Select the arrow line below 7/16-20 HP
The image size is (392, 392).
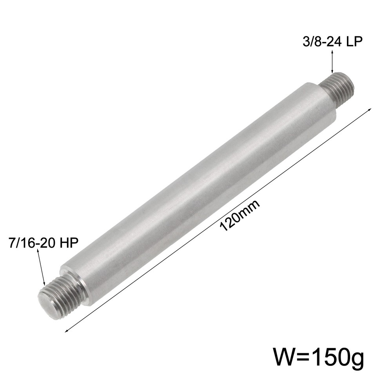point(42,267)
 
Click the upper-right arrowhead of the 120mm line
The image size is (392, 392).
point(369,111)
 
